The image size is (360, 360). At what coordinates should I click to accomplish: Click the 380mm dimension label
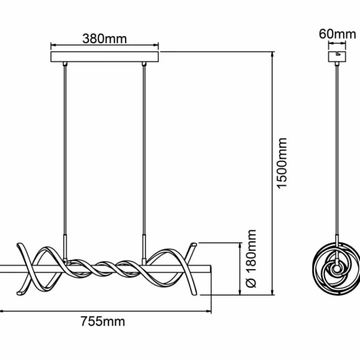[x=104, y=39]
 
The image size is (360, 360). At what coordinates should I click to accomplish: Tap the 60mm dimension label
[x=337, y=34]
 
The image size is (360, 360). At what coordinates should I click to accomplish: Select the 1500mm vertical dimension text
[x=282, y=163]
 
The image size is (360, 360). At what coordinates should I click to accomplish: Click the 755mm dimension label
[x=103, y=321]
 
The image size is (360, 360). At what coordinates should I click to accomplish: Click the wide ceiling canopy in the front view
[x=104, y=57]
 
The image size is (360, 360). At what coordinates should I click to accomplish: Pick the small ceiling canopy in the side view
[x=337, y=57]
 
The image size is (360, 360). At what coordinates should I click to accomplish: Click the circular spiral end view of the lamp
[x=337, y=269]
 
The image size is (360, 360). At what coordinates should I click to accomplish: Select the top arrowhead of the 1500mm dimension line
[x=273, y=54]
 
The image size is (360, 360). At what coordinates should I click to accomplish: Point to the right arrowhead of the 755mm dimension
[x=209, y=311]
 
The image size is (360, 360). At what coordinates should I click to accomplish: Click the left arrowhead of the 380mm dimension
[x=53, y=45]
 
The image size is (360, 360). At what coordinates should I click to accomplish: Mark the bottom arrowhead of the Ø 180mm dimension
[x=240, y=292]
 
